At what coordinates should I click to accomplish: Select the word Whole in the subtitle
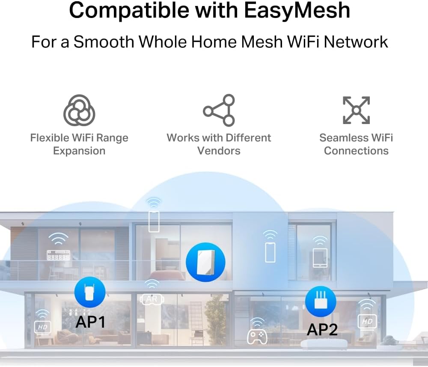coord(161,42)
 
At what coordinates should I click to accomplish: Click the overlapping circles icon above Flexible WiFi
coord(79,110)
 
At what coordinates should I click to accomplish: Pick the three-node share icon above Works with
coord(219,110)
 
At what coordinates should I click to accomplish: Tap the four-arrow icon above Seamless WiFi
coord(356,110)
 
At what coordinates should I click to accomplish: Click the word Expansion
coord(79,151)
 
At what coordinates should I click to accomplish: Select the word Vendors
coord(219,151)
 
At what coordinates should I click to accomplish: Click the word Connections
coord(356,151)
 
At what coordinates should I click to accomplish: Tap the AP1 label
coord(90,322)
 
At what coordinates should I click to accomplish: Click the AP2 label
coord(322,329)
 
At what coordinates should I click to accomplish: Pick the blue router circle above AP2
coord(321,302)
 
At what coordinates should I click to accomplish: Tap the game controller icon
coord(257,335)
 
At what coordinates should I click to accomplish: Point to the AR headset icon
coord(152,299)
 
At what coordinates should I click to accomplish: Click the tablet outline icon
coord(319,258)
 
